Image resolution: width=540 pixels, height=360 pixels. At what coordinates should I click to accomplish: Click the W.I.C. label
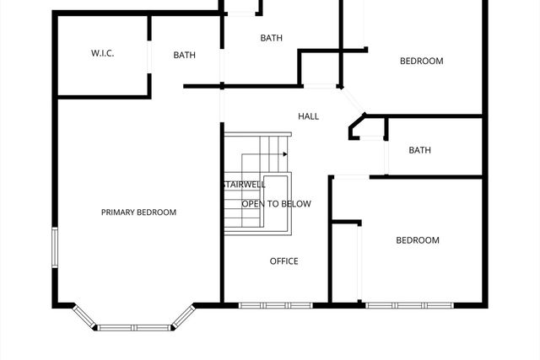click(x=102, y=54)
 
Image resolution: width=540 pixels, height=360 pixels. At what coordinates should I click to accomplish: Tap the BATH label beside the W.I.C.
click(x=185, y=56)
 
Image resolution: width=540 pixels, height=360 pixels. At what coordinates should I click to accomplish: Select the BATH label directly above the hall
click(x=271, y=38)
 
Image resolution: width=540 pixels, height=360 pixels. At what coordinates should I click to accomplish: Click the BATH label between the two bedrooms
click(x=419, y=151)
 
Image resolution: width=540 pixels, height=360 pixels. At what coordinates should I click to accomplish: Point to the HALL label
click(x=308, y=116)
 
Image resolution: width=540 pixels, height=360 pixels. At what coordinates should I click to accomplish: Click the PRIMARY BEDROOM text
click(x=138, y=212)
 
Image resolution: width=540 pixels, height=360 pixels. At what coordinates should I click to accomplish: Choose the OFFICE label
click(x=283, y=261)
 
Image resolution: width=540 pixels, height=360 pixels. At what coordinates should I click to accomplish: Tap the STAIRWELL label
click(x=245, y=185)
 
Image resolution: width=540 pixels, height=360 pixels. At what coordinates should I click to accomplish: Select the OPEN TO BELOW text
click(x=276, y=204)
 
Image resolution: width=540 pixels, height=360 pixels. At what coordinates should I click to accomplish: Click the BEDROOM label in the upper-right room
click(x=421, y=61)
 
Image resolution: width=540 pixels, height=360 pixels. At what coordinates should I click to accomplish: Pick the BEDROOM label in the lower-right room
click(x=418, y=240)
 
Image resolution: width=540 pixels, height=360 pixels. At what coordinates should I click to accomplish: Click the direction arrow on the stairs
click(x=285, y=154)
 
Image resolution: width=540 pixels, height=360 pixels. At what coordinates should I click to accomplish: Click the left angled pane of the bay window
click(x=84, y=316)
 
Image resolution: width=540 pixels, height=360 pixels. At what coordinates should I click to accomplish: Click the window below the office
click(x=275, y=304)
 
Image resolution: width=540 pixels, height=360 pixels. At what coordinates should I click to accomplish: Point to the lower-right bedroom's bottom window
click(x=408, y=304)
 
